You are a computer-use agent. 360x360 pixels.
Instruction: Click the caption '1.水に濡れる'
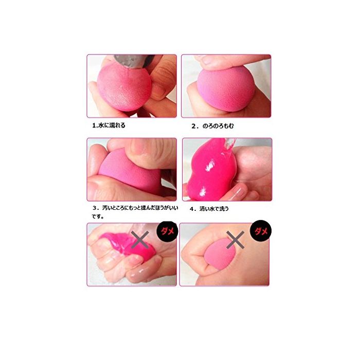click(x=109, y=125)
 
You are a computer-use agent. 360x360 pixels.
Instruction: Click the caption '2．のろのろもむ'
click(x=212, y=126)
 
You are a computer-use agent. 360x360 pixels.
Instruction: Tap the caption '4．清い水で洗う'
click(x=209, y=209)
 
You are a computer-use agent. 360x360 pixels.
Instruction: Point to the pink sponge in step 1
click(x=124, y=87)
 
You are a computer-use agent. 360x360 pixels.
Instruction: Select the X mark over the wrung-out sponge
click(x=140, y=240)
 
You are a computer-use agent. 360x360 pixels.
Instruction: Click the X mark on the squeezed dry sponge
click(x=235, y=240)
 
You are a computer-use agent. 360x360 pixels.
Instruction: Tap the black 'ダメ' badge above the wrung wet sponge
click(x=167, y=231)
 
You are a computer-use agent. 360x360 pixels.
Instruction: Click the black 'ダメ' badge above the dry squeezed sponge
click(x=261, y=231)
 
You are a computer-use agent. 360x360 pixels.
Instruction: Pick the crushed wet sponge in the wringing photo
click(x=129, y=244)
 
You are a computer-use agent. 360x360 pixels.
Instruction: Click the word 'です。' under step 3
click(x=98, y=217)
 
